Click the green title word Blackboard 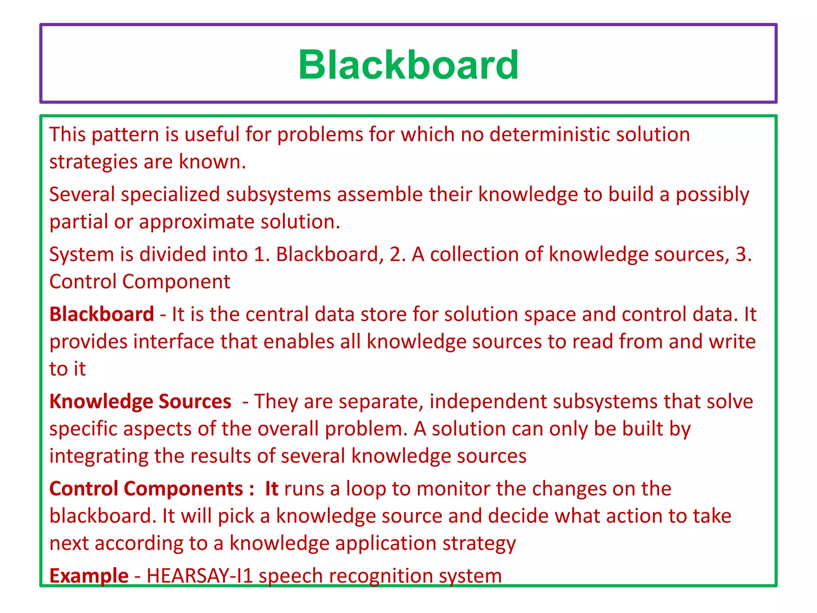click(408, 65)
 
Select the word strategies click(93, 162)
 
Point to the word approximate click(197, 222)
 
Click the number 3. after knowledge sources click(743, 255)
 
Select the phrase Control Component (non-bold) click(140, 282)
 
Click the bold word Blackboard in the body click(102, 314)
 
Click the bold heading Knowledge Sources click(140, 401)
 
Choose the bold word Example click(89, 576)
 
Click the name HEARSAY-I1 click(200, 576)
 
